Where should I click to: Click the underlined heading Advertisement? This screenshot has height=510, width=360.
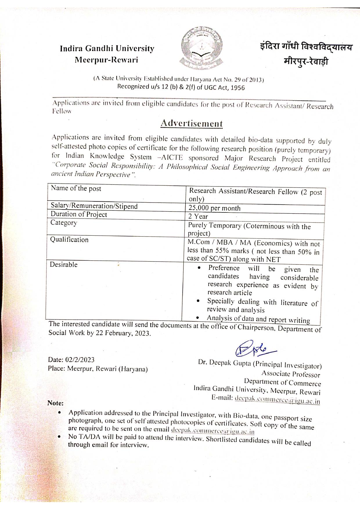coord(192,123)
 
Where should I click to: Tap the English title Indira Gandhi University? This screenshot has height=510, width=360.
coord(107,49)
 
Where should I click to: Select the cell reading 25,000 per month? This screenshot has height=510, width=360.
coord(214,208)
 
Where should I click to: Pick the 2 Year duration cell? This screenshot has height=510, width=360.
coord(198,216)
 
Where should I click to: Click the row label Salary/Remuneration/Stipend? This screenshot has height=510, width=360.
coord(94,206)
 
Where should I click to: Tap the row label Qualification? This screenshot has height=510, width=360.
coord(69,240)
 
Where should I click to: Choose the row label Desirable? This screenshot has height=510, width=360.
coord(64,265)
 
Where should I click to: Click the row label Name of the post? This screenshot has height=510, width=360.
coord(76,189)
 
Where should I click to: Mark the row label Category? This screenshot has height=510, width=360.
coord(64,223)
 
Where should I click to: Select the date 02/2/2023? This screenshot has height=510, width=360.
coord(80,360)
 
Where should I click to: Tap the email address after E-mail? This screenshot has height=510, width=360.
coord(277,400)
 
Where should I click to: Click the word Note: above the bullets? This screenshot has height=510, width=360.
coord(55,403)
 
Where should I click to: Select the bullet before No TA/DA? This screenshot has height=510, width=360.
coord(59,436)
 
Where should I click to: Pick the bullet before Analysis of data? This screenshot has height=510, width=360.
coord(197,318)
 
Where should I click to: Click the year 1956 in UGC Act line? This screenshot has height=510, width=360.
coord(237,88)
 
